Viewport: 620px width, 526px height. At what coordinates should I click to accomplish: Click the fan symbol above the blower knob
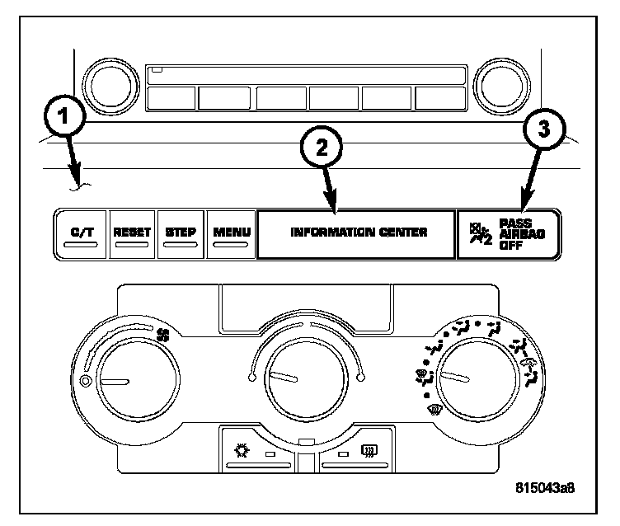pyautogui.click(x=162, y=335)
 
